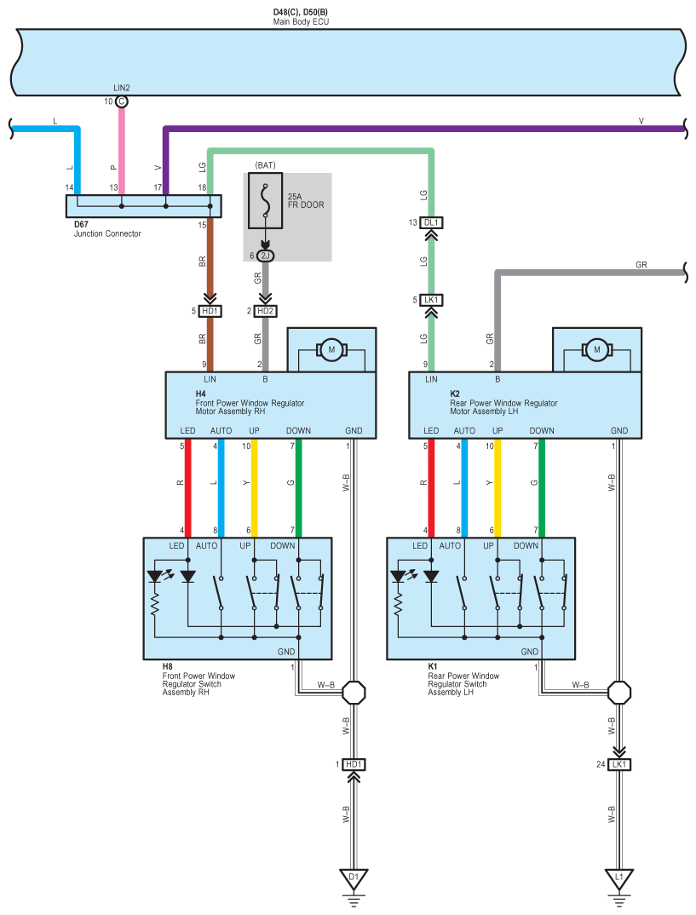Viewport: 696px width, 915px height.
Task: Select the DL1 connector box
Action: (431, 222)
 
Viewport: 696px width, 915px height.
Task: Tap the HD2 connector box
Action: (266, 311)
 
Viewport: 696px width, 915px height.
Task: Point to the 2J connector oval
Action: (266, 256)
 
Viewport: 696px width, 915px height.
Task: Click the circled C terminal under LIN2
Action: (121, 101)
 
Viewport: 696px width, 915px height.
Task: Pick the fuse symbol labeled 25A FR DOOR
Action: (266, 200)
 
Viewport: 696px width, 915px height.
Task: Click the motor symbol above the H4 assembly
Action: (331, 349)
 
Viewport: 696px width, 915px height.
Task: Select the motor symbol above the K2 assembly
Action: (597, 349)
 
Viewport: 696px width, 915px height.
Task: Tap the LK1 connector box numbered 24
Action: (619, 764)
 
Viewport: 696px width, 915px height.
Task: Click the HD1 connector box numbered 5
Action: (210, 311)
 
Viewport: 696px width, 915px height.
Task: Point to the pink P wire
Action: (121, 152)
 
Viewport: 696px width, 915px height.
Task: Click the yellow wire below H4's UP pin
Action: (255, 488)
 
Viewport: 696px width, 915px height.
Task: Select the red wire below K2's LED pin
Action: (431, 488)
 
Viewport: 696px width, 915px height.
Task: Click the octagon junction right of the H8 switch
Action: (354, 693)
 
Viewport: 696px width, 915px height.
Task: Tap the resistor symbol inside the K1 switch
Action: (398, 605)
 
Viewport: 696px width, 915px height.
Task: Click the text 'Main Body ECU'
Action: (301, 21)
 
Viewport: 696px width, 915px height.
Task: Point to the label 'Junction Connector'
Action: (107, 233)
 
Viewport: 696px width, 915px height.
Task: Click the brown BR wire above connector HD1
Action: (210, 256)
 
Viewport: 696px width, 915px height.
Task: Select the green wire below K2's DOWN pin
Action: (542, 488)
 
